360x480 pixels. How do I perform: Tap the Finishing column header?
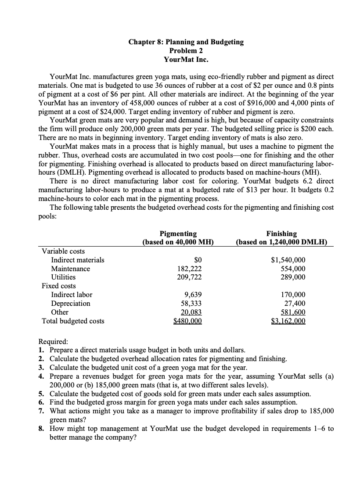tap(284, 233)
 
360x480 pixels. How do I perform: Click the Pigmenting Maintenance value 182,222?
tap(190, 269)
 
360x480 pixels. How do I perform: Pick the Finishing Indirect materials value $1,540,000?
tap(288, 260)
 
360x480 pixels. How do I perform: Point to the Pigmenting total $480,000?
tap(189, 321)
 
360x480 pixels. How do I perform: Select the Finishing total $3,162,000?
tap(288, 321)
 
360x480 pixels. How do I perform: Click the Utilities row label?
tap(63, 277)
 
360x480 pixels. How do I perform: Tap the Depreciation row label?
tap(70, 304)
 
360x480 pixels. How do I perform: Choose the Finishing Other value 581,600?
tap(292, 312)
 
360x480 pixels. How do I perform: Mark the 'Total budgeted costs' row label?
tap(73, 321)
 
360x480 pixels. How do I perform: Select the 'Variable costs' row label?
tap(63, 251)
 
